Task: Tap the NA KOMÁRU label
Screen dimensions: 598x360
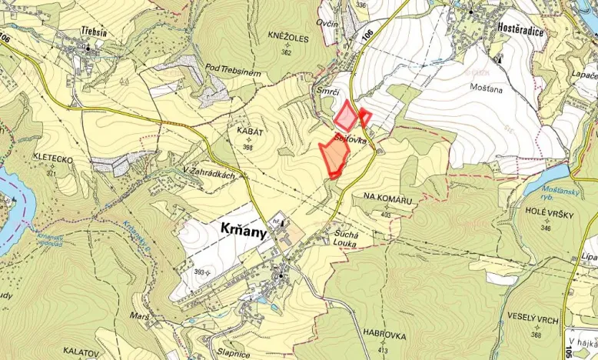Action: point(387,200)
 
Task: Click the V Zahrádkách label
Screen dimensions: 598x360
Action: point(208,174)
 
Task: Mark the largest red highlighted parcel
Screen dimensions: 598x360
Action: point(334,158)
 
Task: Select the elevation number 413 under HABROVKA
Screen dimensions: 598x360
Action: point(382,350)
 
